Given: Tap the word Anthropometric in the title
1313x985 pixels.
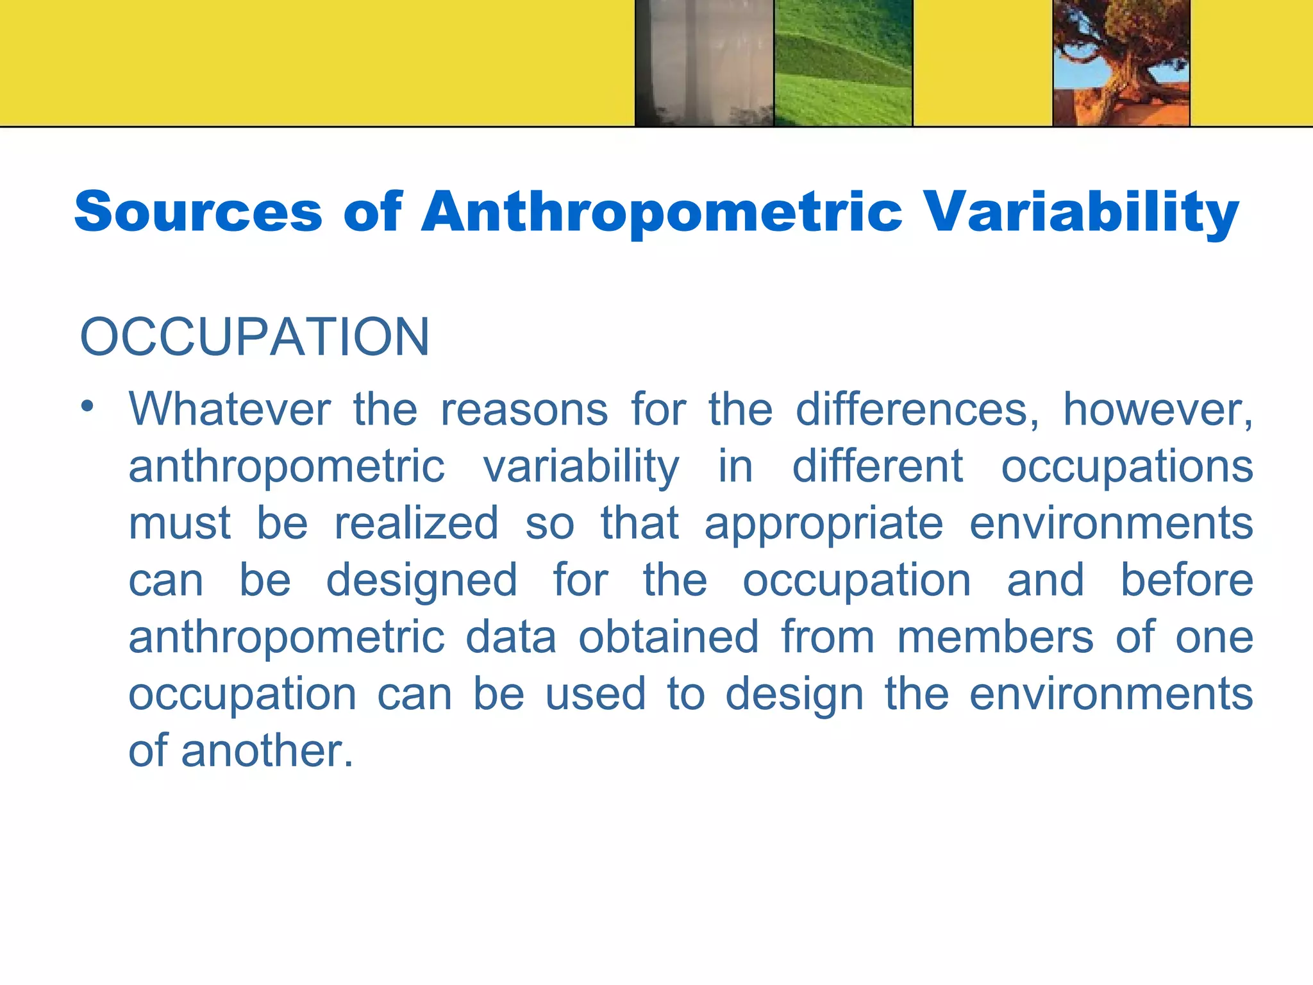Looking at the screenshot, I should (x=661, y=212).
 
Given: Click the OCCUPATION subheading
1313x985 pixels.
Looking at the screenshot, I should (x=255, y=337).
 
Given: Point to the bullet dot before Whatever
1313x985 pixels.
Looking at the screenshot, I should (x=88, y=406).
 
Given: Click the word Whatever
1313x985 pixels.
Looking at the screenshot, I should (x=230, y=409).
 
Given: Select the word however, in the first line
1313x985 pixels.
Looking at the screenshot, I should (x=1158, y=409).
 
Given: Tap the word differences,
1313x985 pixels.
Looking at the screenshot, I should (x=917, y=409).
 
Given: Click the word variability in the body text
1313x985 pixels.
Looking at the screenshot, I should (x=581, y=466).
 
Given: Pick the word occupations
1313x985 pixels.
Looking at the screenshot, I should (x=1127, y=466).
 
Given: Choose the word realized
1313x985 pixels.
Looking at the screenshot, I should (x=417, y=523).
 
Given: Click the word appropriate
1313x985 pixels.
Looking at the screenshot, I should (x=824, y=523).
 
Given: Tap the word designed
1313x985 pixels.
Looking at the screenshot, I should (x=422, y=580).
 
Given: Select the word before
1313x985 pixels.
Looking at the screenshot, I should (x=1186, y=580).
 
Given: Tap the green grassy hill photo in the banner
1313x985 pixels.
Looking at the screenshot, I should (x=843, y=63).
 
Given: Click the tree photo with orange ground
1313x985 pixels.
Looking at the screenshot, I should (x=1121, y=63).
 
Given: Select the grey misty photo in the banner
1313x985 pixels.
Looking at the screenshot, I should (x=704, y=63).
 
